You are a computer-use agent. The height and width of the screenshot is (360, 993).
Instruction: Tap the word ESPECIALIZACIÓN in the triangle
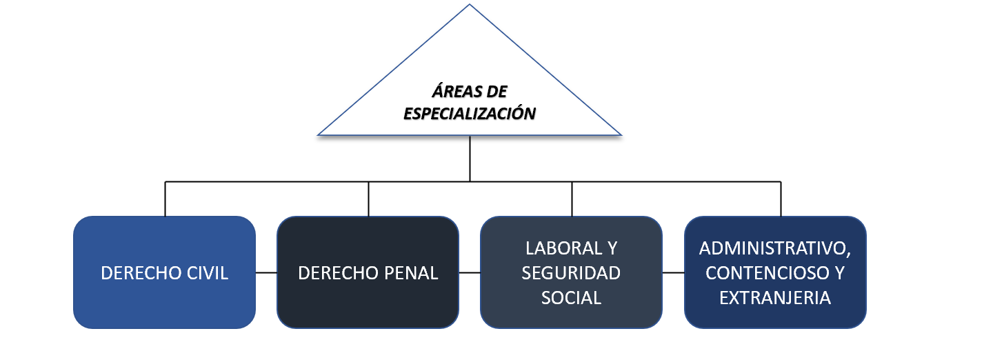470,113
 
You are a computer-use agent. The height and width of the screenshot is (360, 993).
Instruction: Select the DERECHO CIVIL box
164,272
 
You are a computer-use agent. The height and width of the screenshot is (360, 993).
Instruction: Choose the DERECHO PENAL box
368,272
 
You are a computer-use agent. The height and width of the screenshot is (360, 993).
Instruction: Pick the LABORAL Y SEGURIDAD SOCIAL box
571,272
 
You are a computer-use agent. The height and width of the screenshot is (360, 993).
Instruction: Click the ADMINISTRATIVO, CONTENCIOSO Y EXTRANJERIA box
775,272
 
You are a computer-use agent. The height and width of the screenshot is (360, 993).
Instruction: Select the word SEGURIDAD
571,273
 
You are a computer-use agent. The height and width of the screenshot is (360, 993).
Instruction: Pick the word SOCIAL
571,298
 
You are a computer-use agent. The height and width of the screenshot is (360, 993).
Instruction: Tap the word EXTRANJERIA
775,298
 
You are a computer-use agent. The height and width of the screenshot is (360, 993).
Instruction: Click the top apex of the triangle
470,6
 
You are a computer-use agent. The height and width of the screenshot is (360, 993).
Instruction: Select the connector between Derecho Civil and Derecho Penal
266,272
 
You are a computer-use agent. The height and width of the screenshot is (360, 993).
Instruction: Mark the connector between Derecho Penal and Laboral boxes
470,272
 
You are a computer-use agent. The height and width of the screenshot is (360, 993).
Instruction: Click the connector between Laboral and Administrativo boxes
674,272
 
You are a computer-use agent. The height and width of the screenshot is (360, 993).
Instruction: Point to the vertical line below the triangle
470,159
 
